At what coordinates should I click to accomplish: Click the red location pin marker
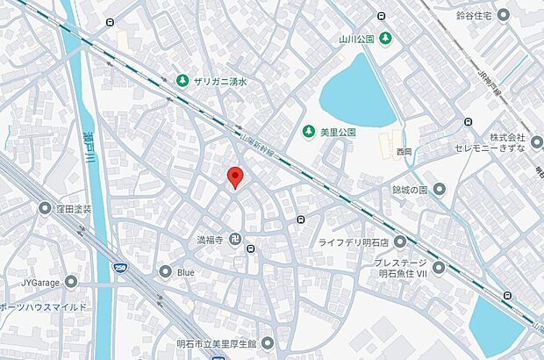(234, 176)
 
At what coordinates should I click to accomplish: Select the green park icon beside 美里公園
(308, 132)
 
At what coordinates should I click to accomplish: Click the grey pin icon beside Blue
(165, 272)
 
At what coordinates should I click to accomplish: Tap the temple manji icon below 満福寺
(235, 239)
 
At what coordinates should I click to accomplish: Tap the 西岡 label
(404, 152)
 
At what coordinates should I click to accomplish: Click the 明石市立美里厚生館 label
(214, 342)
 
